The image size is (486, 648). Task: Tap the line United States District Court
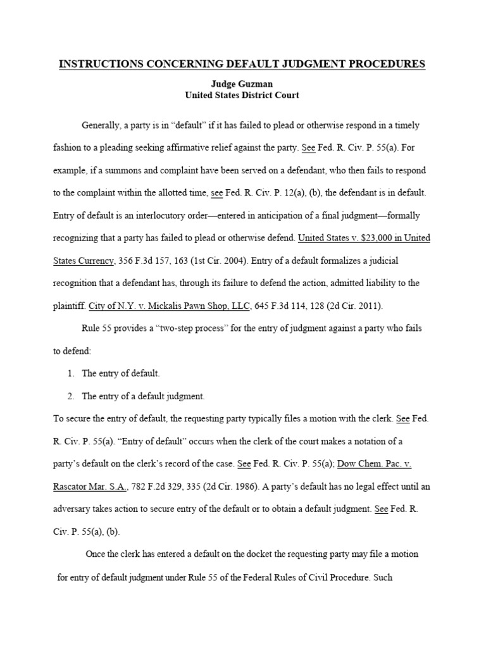tap(242, 95)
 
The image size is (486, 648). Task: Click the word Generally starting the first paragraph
tap(103, 125)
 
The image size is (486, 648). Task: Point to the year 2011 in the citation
tap(366, 306)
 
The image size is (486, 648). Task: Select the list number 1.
tap(71, 373)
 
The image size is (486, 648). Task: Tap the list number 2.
tap(71, 396)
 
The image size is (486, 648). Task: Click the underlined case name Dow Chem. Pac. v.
tap(375, 464)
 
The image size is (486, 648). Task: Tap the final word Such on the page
tap(382, 577)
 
